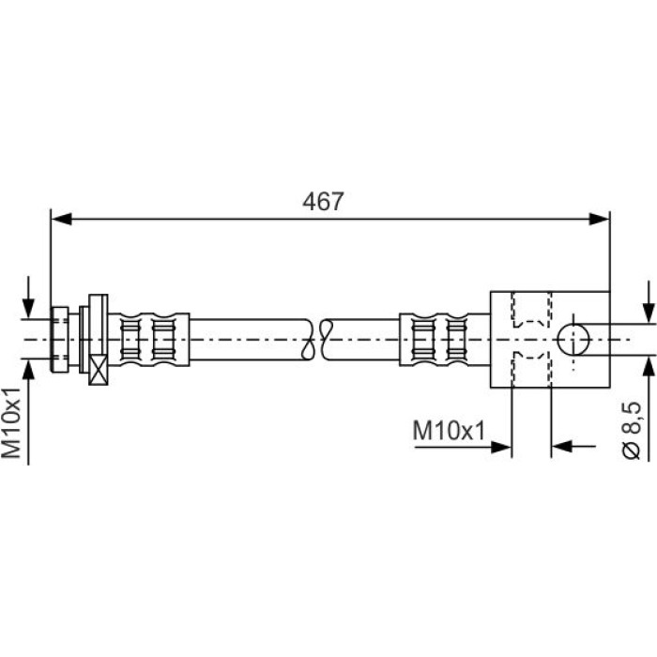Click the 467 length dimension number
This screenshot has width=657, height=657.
click(323, 202)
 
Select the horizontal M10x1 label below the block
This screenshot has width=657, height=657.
click(449, 430)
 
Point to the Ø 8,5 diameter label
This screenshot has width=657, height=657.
click(631, 430)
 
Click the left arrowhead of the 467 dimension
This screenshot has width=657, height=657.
click(61, 219)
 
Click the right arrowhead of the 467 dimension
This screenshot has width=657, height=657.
click(599, 219)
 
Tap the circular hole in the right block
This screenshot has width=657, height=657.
click(573, 340)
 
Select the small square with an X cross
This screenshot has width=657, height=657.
click(99, 370)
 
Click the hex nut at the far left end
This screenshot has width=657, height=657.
click(59, 340)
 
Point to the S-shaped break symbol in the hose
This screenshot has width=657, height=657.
click(317, 340)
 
